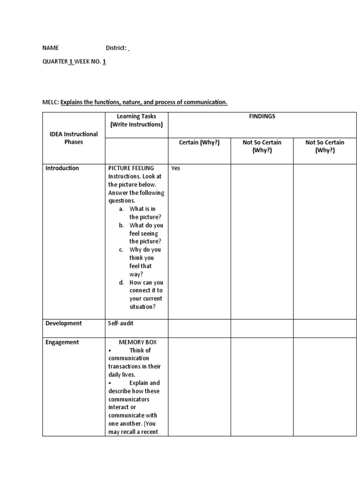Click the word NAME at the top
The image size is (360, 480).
tap(51, 48)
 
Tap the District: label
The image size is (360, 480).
tap(116, 48)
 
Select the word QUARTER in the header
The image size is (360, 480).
tap(55, 61)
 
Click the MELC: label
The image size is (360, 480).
tap(50, 102)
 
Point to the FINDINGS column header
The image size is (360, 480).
tap(262, 116)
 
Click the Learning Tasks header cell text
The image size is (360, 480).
tap(136, 120)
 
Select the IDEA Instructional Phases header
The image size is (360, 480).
tap(74, 138)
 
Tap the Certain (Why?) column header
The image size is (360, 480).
tap(199, 142)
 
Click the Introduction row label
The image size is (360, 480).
tap(62, 168)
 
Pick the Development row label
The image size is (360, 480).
tap(63, 323)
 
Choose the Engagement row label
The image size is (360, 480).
tap(62, 342)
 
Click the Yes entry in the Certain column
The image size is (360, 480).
tap(176, 168)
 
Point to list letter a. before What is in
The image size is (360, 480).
tap(121, 209)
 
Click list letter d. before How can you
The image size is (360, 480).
tap(121, 283)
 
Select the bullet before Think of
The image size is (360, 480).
tap(109, 351)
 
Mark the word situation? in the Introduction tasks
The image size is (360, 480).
tap(142, 307)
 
